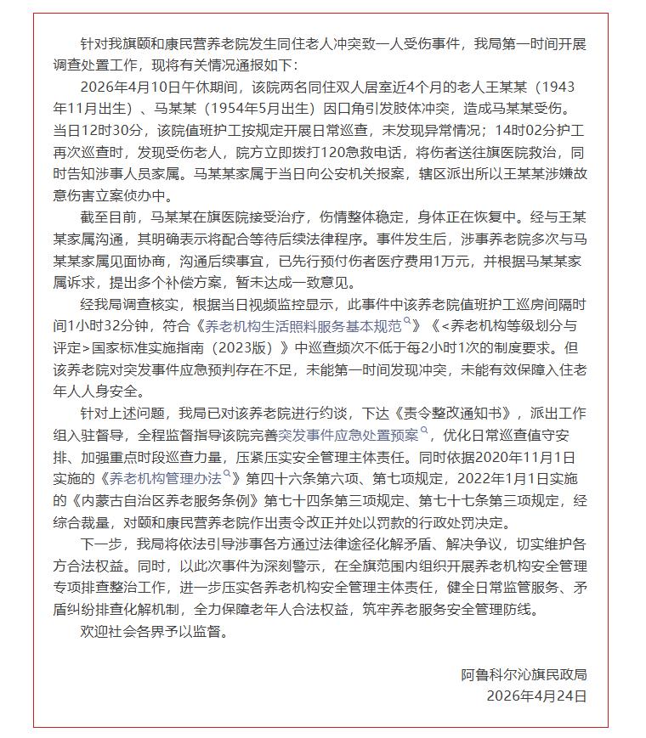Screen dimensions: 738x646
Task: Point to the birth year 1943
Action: (x=565, y=87)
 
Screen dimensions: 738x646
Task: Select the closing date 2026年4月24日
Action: (x=536, y=696)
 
